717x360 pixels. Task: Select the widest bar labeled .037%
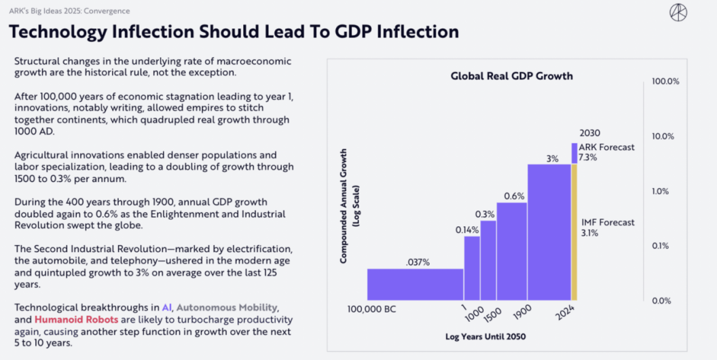pos(415,284)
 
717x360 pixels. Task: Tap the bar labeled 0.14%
pos(472,268)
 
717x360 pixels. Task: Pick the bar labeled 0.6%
pos(512,251)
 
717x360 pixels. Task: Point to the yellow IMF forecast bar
pos(574,232)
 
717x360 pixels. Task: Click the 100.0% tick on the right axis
pos(665,82)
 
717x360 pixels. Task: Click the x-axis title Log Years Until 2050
pos(485,336)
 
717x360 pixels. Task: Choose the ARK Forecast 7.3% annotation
pos(606,152)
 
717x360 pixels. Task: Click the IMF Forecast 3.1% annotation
pos(608,227)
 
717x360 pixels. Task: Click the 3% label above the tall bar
pos(552,158)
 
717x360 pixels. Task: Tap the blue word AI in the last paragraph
pos(167,307)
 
